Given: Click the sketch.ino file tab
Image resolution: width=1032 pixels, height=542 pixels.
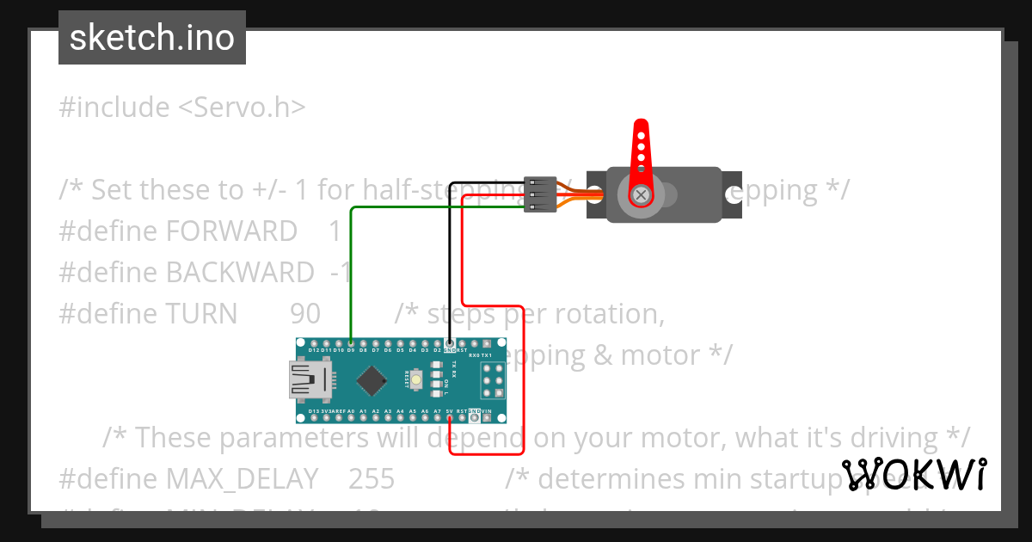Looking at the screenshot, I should (151, 38).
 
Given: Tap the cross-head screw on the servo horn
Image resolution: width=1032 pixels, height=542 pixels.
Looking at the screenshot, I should (640, 195).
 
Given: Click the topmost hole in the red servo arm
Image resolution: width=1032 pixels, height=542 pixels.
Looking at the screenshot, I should (640, 133).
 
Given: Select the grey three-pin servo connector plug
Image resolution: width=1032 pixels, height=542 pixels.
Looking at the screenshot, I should (539, 195).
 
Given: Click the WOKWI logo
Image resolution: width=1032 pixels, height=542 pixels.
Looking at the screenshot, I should (914, 475).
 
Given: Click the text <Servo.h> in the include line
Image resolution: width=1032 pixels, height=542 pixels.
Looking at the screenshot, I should (242, 108).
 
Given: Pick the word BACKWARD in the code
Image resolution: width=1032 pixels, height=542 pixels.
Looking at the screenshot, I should (240, 273).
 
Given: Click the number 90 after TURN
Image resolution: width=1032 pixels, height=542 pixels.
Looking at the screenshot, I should (305, 314).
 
